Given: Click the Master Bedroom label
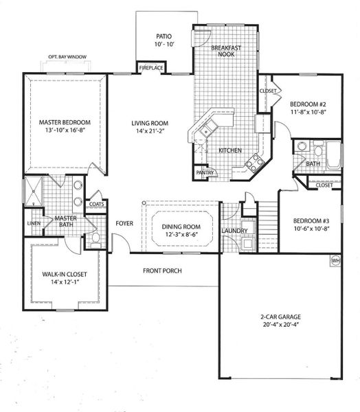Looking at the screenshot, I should click(x=65, y=122).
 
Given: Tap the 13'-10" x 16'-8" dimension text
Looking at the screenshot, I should click(x=65, y=132).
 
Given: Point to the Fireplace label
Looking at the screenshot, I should click(x=151, y=69).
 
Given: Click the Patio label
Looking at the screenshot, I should click(x=163, y=36).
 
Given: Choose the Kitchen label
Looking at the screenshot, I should click(x=229, y=150).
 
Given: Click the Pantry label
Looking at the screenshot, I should click(x=204, y=173).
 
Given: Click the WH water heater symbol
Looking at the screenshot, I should click(x=336, y=261).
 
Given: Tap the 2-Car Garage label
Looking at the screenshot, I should click(x=278, y=317).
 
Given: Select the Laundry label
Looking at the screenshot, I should click(x=235, y=231).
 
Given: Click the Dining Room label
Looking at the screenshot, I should click(x=181, y=227).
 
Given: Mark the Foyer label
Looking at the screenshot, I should click(x=124, y=223).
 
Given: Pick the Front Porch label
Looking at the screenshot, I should click(x=162, y=271).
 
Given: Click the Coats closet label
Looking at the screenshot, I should click(x=96, y=203).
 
